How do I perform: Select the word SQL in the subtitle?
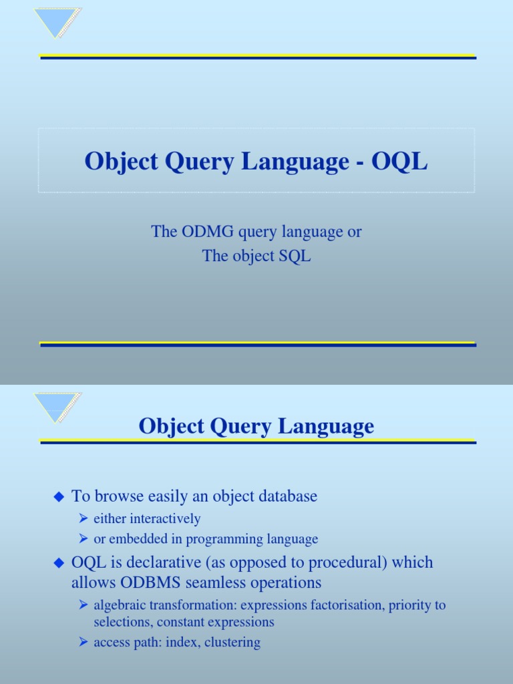296,256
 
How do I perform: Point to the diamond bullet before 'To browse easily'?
58,496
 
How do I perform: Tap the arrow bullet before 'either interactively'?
83,519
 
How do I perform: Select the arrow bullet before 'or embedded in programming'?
83,539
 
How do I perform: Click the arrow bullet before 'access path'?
83,643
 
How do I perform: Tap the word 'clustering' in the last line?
232,643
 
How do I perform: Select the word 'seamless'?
203,582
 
